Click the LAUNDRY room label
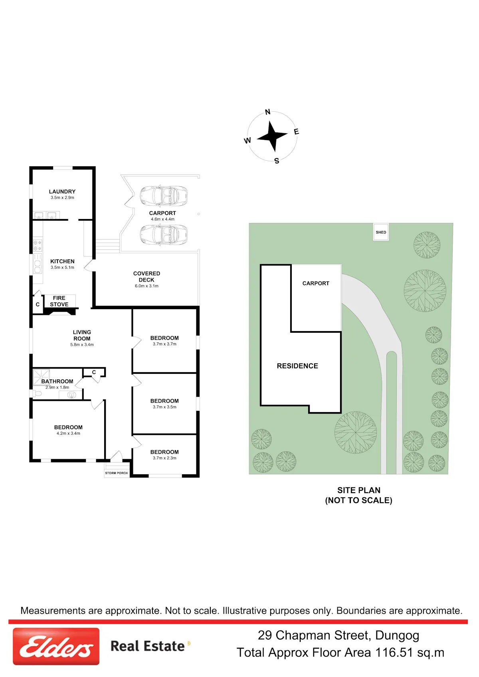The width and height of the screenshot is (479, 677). pos(62,191)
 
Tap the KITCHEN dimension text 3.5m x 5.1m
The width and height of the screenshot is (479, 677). pos(62,267)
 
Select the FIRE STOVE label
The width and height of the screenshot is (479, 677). pos(59,301)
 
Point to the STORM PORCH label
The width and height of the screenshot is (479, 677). pos(117,473)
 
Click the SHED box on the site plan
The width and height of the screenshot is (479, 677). pos(381,232)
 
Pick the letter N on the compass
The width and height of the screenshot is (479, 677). pos(267,112)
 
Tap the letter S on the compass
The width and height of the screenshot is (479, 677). pos(277,161)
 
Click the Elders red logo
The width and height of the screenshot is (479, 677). pos(56,646)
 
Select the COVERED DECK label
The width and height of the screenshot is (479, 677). pos(146,276)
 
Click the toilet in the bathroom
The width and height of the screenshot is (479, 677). pos(37,393)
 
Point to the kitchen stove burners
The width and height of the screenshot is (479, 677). pos(38,245)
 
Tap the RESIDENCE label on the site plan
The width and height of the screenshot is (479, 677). pos(297,366)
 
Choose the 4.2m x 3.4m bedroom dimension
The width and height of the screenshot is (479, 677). pos(68,433)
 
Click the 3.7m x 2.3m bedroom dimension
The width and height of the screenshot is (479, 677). pos(164,458)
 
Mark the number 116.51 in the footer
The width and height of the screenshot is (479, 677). pos(394,653)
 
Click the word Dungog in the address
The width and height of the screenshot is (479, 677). pos(397,636)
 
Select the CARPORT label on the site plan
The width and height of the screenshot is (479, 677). pos(316,283)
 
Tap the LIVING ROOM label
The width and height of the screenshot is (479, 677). pos(82,335)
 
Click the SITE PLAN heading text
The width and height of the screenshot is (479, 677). pos(358,490)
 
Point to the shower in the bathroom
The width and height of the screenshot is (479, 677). pos(41,377)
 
